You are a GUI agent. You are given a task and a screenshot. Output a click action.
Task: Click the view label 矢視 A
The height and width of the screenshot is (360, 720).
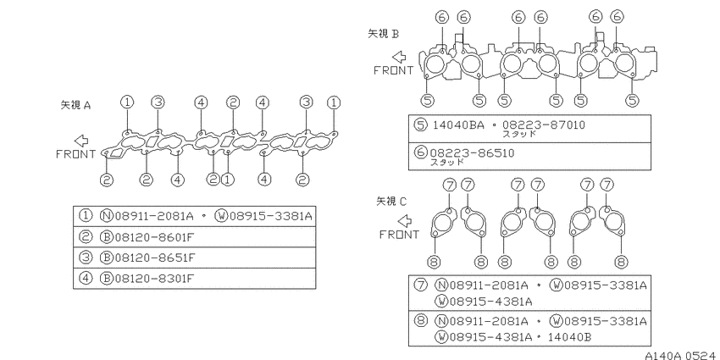75,105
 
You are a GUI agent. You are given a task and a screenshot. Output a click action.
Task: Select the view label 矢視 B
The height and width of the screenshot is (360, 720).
384,34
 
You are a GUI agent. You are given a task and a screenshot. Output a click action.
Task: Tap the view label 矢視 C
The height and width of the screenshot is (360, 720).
391,201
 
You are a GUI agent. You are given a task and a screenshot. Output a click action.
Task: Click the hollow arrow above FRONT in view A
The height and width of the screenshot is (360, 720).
81,141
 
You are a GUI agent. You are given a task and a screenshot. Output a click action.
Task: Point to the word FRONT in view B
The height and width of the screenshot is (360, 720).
394,70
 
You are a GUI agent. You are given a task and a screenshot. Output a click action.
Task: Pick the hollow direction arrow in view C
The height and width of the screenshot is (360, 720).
405,221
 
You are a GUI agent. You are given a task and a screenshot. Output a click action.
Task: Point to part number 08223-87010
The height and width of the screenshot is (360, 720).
544,125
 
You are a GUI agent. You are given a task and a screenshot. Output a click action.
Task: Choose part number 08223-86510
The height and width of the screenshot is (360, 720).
472,153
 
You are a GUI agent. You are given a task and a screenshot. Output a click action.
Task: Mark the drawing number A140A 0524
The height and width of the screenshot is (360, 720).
680,356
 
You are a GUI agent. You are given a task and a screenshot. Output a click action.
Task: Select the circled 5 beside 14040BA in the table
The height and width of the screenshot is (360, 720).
420,125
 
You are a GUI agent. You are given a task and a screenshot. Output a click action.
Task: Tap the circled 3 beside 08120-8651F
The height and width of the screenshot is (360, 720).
86,258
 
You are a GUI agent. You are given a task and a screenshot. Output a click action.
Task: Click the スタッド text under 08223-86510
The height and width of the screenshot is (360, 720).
447,162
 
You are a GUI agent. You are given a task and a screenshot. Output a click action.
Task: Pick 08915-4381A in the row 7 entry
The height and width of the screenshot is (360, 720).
483,302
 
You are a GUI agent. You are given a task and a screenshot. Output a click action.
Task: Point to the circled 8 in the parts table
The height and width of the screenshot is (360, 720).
420,320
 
